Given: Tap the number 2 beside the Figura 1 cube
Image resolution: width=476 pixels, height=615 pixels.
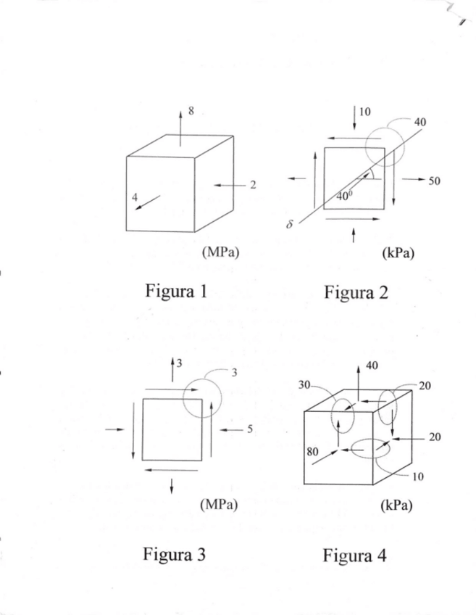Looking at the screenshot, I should [x=252, y=185].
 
